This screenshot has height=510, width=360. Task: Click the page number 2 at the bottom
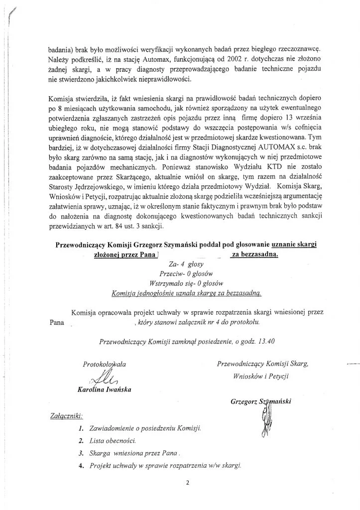pos(182,482)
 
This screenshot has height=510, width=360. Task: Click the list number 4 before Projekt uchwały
pos(81,465)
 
